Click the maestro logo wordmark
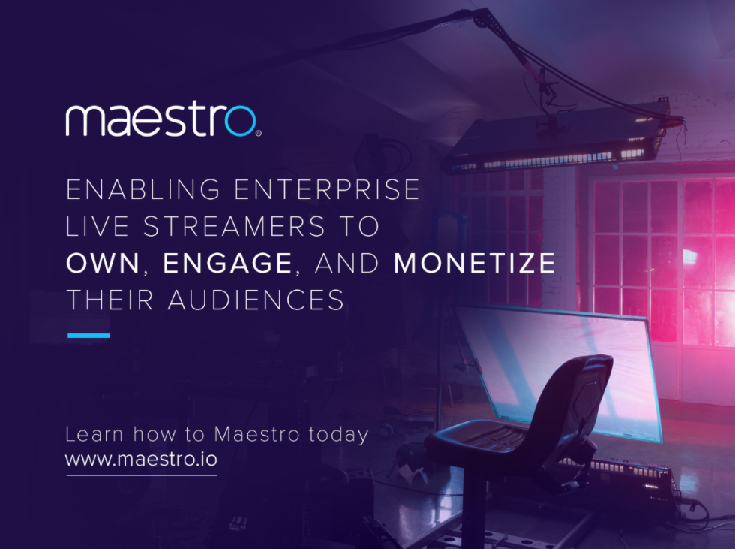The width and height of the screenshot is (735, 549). coord(161,120)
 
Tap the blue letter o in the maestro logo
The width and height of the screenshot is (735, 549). coord(241,122)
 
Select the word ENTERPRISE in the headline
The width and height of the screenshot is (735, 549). coord(327,189)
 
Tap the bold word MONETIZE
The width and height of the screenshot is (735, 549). coord(475,264)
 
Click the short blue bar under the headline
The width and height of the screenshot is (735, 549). coord(88,336)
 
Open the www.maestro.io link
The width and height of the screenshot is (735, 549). coord(141,458)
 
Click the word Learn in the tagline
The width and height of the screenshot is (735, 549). coord(93,434)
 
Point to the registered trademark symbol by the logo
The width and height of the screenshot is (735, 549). coord(259,134)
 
